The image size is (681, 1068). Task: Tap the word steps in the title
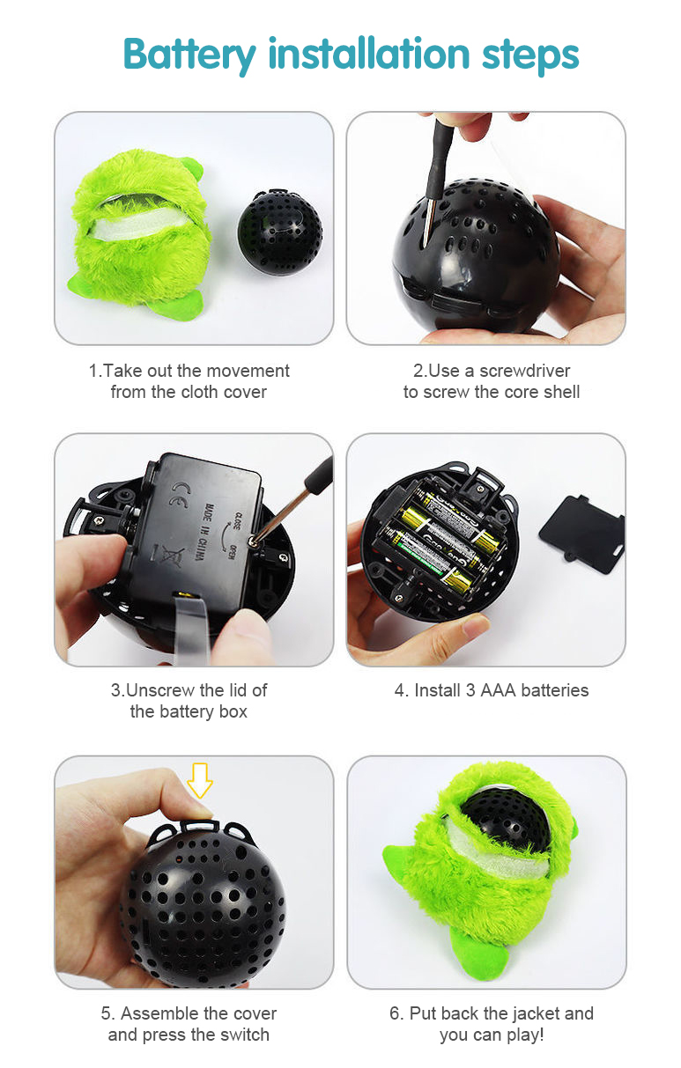coord(530,55)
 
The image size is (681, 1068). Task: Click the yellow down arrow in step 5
coord(199,780)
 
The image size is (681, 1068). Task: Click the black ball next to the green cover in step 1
coord(280,232)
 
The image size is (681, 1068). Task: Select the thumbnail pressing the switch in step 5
coord(201,812)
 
